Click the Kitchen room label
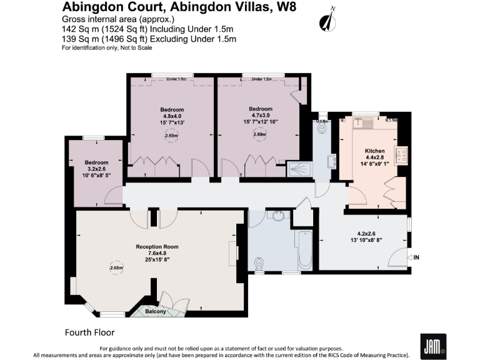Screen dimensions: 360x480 pos(375,151)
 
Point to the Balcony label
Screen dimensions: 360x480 pos(156,311)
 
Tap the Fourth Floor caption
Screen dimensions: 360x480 pos(90,332)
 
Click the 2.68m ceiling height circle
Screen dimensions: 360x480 pos(116,267)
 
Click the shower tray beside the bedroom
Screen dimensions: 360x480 pos(297,168)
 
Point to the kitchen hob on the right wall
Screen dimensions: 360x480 pos(402,154)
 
